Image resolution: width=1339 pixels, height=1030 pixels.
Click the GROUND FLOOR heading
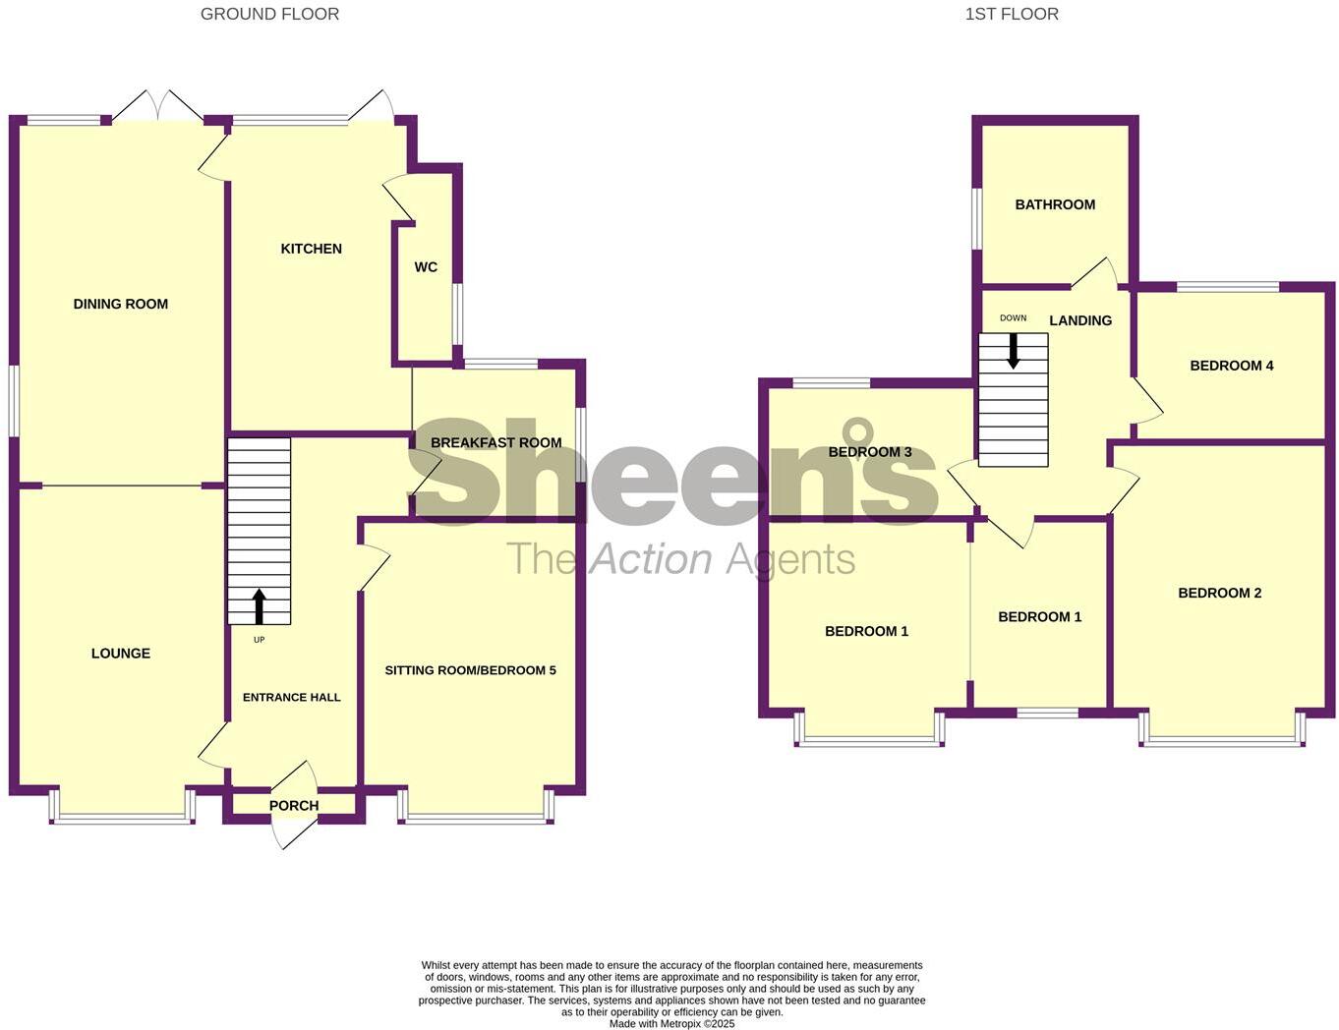tap(269, 14)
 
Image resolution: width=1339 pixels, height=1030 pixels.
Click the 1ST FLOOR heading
tap(1012, 14)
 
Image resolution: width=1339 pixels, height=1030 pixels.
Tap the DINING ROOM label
tap(121, 304)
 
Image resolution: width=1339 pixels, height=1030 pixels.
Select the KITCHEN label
tap(312, 249)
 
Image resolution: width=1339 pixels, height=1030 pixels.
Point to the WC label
tap(426, 267)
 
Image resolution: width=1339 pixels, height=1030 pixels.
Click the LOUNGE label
tap(121, 653)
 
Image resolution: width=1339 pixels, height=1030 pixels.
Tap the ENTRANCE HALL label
tap(292, 697)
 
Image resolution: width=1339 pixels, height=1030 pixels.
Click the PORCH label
tap(294, 805)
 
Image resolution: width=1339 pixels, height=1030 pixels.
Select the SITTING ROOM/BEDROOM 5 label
tap(470, 670)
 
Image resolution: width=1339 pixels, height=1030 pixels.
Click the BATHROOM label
tap(1055, 204)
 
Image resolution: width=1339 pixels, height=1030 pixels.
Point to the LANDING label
tap(1080, 320)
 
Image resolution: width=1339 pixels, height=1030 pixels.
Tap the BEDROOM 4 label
tap(1232, 366)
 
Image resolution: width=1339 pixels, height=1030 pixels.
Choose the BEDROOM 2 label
tap(1220, 593)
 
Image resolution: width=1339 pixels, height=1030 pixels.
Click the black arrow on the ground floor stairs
tap(259, 605)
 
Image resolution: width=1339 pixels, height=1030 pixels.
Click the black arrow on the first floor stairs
tap(1013, 351)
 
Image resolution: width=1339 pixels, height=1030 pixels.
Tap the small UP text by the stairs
tap(260, 640)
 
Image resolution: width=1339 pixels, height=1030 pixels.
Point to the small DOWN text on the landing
tap(1013, 318)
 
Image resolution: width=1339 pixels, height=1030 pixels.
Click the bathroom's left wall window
tap(976, 218)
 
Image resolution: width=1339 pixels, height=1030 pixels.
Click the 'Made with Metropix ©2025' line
tap(671, 1023)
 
